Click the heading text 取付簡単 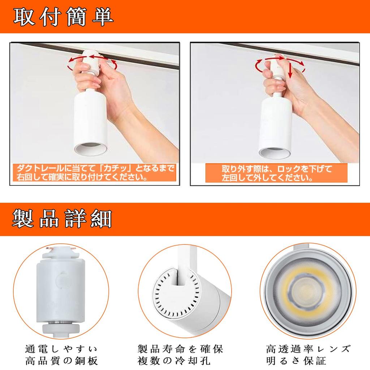pos(64,16)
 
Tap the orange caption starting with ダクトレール pos(94,173)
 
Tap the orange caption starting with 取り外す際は pos(276,173)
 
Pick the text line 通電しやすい pos(61,349)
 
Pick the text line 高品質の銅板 pos(61,361)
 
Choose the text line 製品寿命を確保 pos(181,349)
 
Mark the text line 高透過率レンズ pos(308,349)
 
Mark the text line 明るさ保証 pos(296,361)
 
